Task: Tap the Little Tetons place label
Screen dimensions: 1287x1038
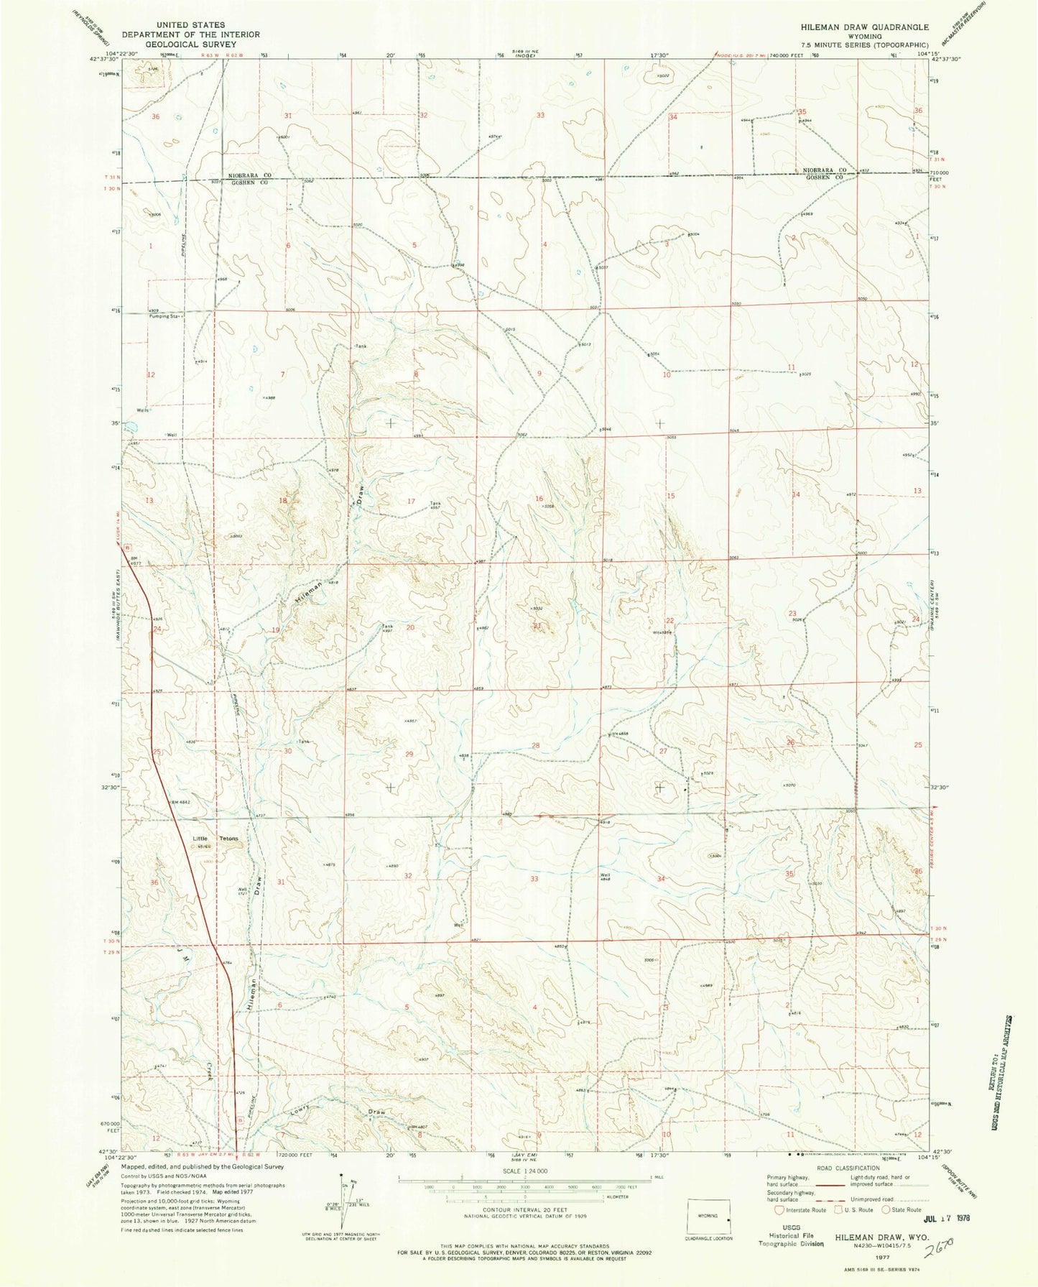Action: [x=215, y=839]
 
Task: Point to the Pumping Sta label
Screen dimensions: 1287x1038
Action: [x=162, y=315]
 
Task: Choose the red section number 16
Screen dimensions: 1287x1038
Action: [x=539, y=498]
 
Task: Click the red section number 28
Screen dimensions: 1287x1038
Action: [x=535, y=745]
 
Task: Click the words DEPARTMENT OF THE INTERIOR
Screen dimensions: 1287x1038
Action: [x=190, y=34]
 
